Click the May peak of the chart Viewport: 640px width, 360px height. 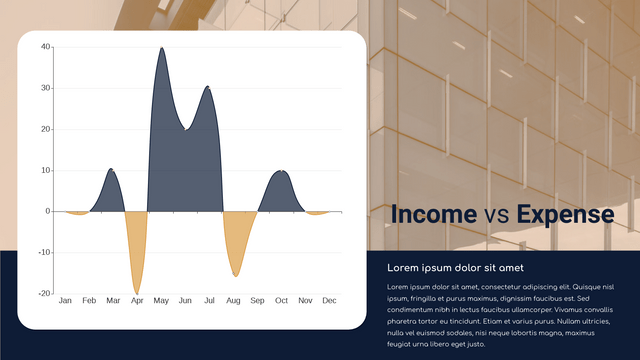(161, 48)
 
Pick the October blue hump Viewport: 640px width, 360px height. (282, 172)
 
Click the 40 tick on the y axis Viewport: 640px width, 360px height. (45, 47)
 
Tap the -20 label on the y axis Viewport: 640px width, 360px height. (43, 293)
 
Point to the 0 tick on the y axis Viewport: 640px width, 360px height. (47, 211)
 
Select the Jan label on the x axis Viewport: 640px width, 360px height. (65, 300)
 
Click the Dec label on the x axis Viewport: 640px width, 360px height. (329, 300)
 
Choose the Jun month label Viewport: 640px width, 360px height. (185, 300)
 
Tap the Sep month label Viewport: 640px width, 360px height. (257, 300)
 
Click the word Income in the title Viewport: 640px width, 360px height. (433, 214)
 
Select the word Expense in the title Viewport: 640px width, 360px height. (565, 214)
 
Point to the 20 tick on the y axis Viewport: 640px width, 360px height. (45, 129)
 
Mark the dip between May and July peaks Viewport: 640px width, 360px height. (184, 129)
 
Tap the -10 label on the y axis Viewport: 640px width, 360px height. (43, 252)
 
